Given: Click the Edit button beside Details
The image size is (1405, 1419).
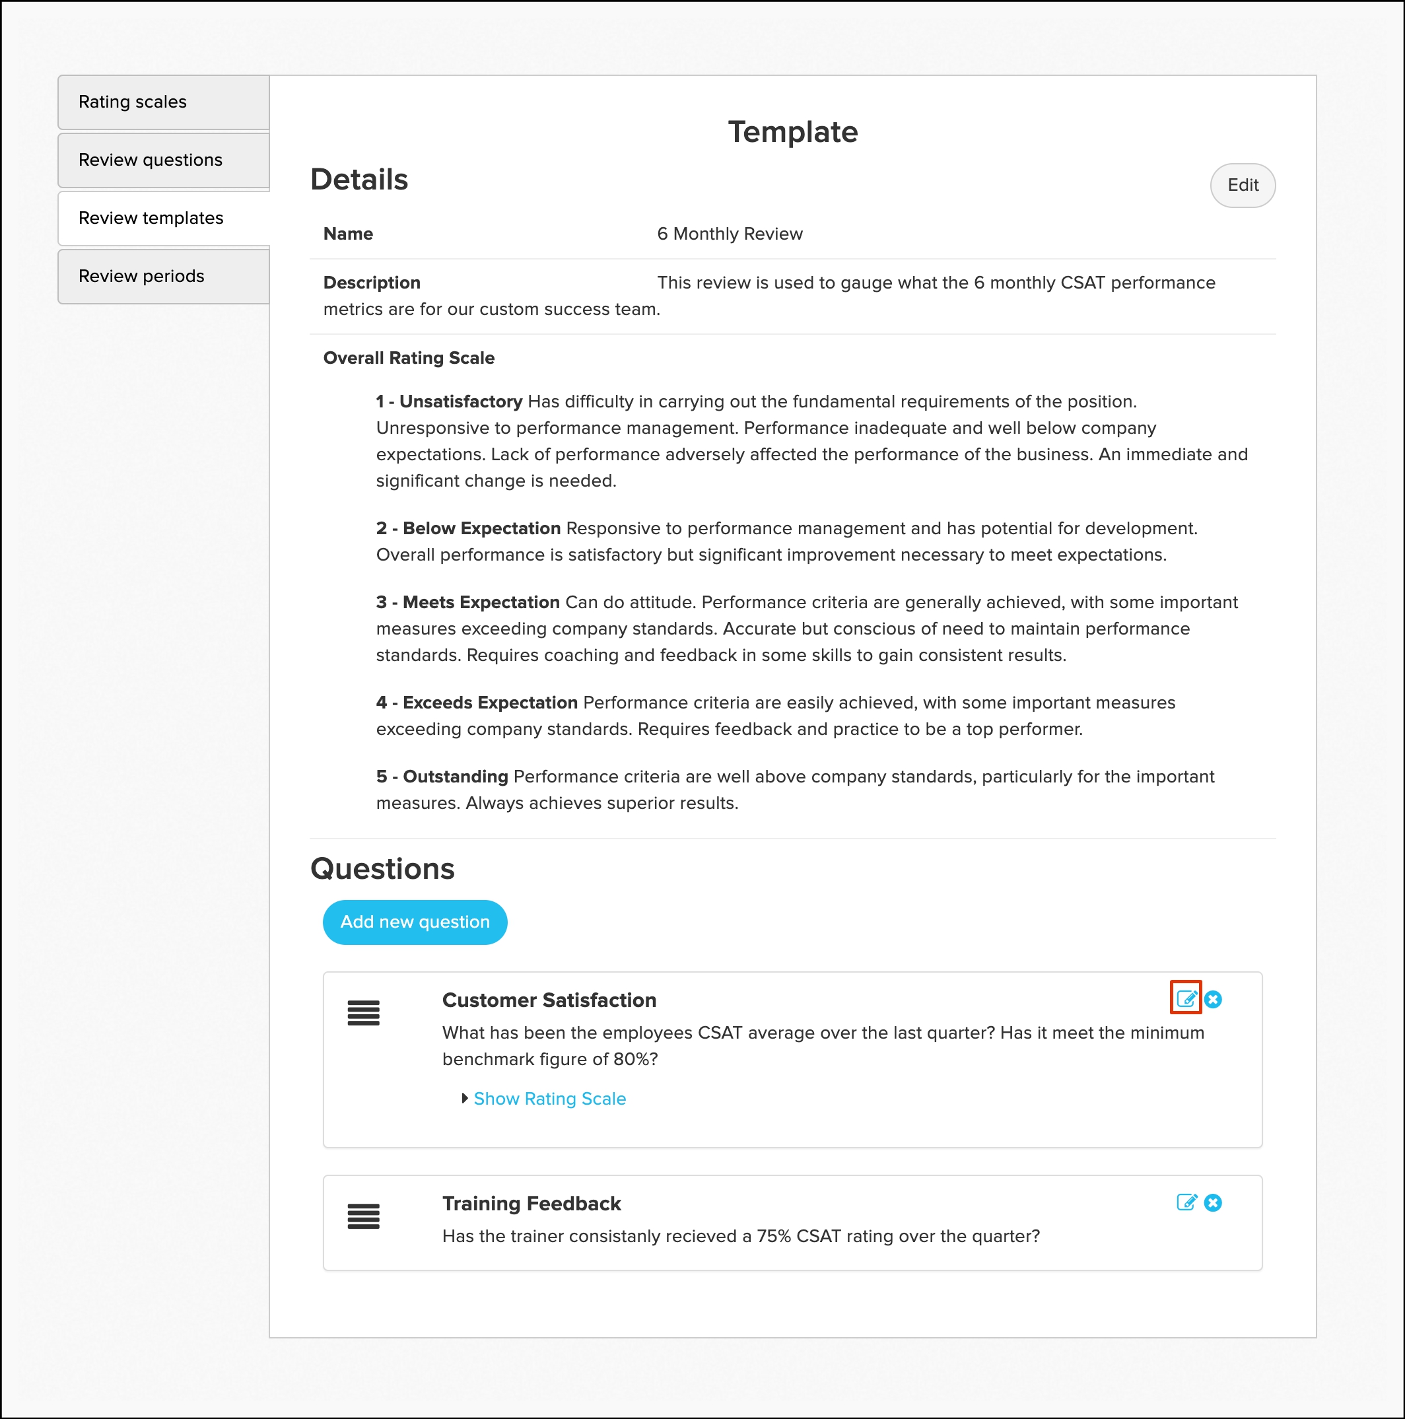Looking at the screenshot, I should (x=1242, y=185).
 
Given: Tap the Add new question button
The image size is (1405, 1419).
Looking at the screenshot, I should (x=415, y=922).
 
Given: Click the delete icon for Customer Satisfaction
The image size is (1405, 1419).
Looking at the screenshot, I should (x=1213, y=999).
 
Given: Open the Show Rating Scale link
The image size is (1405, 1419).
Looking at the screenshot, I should (x=549, y=1098).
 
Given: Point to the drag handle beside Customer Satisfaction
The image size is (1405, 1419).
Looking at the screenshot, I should (x=364, y=1013).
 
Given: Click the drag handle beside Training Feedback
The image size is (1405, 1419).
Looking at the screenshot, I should (x=364, y=1216).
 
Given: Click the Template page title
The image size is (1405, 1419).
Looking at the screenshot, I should (x=792, y=132).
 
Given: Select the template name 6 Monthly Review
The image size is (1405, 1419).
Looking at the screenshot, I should (x=730, y=234).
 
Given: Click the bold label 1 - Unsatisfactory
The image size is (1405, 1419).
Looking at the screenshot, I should (x=449, y=401).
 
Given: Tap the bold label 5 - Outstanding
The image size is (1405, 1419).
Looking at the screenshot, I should (x=442, y=777).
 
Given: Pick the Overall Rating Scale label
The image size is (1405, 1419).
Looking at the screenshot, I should (x=408, y=358).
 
